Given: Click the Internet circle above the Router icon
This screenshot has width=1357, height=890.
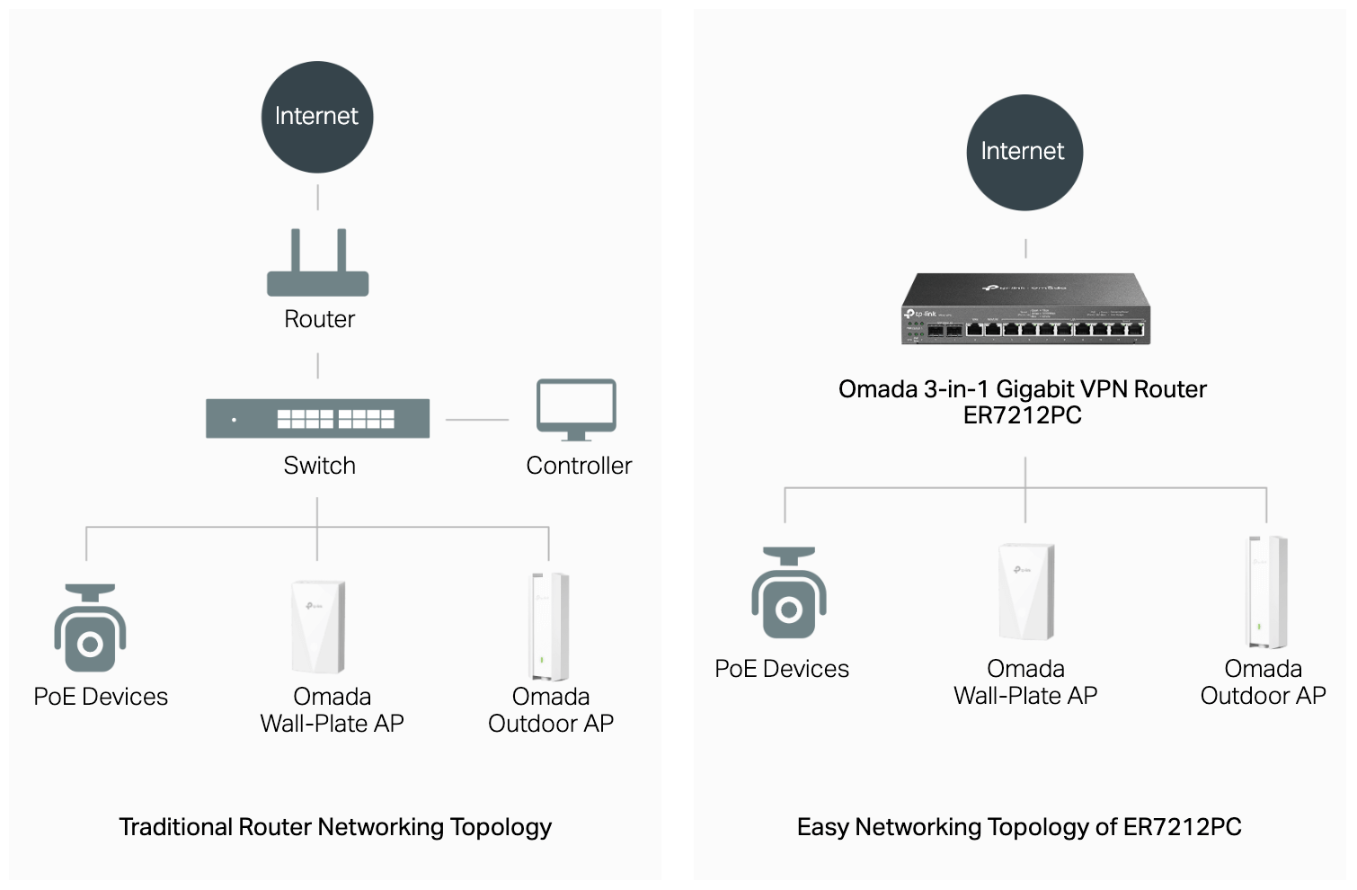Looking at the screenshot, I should [x=316, y=117].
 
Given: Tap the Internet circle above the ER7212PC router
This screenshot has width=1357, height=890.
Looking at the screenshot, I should [x=1024, y=152].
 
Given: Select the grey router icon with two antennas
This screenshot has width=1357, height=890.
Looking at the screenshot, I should [x=318, y=266].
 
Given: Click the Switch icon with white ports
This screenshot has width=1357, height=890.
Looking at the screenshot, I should [x=318, y=418].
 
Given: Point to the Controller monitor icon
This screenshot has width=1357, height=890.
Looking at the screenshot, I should [x=576, y=410].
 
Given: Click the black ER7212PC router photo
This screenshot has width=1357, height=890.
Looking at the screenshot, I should [x=1025, y=309].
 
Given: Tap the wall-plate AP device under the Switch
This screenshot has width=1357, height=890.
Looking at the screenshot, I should [x=317, y=627].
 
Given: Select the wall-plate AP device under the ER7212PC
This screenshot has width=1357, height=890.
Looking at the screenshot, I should [x=1025, y=592].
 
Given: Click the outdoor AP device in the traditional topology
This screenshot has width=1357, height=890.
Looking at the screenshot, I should [x=548, y=626].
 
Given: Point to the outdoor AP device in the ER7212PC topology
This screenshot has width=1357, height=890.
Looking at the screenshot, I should [x=1266, y=591].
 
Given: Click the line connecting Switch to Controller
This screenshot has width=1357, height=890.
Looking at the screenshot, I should [x=477, y=420].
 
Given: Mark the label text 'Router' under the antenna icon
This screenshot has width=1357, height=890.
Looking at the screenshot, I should [x=319, y=319].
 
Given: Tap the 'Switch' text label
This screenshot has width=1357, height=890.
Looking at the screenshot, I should [x=319, y=466].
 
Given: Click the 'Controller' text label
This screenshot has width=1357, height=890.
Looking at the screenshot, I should [x=579, y=466].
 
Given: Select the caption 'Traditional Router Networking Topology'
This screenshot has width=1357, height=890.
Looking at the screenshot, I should [x=335, y=827].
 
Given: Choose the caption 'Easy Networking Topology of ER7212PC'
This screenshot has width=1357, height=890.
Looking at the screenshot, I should [x=1019, y=827].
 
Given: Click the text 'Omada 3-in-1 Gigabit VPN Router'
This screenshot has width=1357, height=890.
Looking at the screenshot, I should [x=1022, y=389].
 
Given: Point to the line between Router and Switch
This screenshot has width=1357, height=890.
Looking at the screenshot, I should [x=318, y=366].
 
